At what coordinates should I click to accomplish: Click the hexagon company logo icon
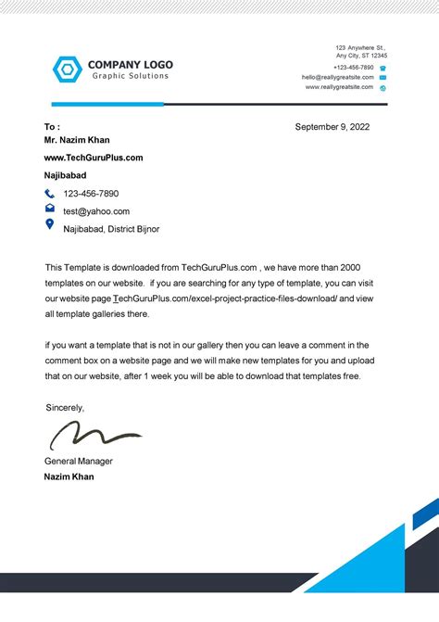click(68, 70)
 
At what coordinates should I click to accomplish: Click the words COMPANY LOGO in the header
click(131, 65)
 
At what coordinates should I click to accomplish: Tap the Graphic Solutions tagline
click(130, 76)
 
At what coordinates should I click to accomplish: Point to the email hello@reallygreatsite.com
click(337, 77)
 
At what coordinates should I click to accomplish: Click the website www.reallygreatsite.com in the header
click(339, 87)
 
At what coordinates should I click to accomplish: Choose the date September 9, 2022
click(332, 127)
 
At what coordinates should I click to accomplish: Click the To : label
click(52, 127)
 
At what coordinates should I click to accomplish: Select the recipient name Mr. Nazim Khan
click(77, 141)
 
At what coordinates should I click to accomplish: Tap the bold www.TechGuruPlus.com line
click(94, 158)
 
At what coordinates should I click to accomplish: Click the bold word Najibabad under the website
click(66, 175)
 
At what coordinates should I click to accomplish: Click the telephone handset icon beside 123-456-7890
click(50, 194)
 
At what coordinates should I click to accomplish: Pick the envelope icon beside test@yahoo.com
click(50, 209)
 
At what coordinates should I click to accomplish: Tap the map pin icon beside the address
click(50, 225)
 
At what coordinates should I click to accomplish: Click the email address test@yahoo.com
click(96, 210)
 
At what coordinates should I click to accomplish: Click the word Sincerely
click(65, 408)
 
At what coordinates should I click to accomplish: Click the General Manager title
click(79, 461)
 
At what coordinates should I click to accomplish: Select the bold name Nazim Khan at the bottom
click(69, 476)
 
